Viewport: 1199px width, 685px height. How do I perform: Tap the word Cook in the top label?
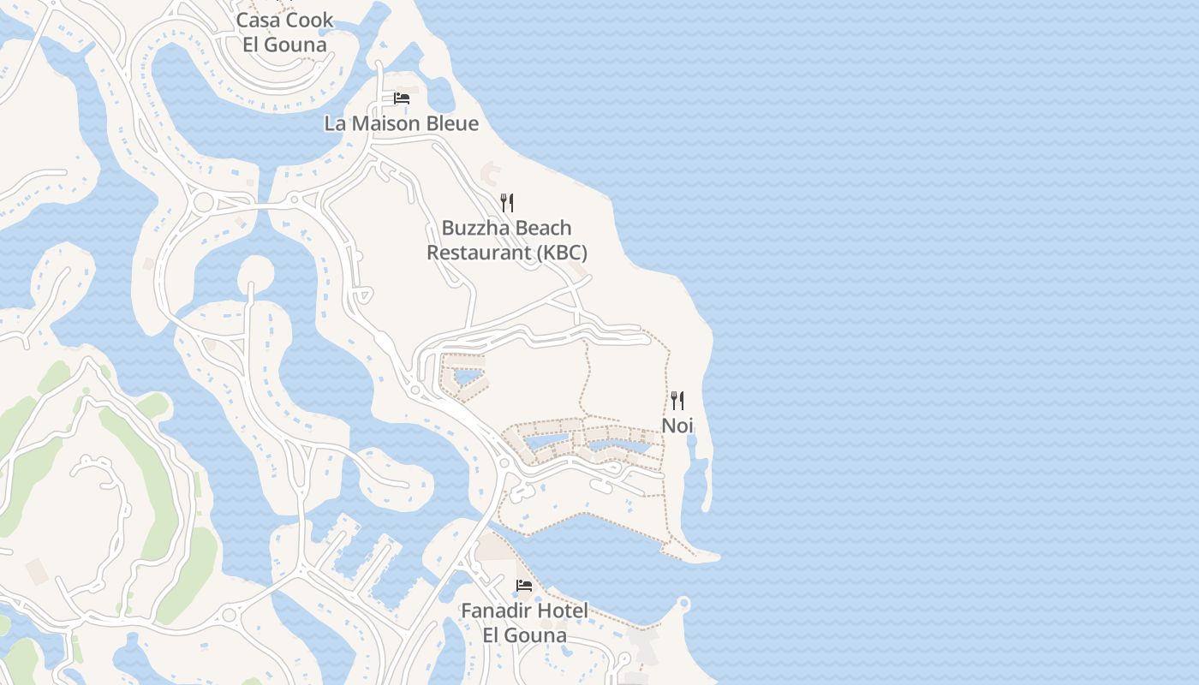(310, 20)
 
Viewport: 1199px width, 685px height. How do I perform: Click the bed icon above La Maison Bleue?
(402, 98)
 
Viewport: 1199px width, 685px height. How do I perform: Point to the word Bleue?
(451, 123)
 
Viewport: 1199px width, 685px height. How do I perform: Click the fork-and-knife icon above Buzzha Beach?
(507, 203)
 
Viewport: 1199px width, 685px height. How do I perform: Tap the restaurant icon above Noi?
(677, 400)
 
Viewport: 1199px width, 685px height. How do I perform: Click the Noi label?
(677, 426)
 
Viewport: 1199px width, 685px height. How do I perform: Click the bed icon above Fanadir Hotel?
(524, 586)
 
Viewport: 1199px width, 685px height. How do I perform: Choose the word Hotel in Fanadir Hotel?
(564, 611)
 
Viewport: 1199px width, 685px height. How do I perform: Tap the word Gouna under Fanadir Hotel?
(537, 635)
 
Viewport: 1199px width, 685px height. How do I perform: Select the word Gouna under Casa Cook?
(296, 45)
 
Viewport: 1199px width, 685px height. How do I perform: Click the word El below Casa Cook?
(251, 45)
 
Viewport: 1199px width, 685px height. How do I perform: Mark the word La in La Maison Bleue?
(335, 123)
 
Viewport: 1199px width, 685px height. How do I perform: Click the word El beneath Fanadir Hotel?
(492, 635)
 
